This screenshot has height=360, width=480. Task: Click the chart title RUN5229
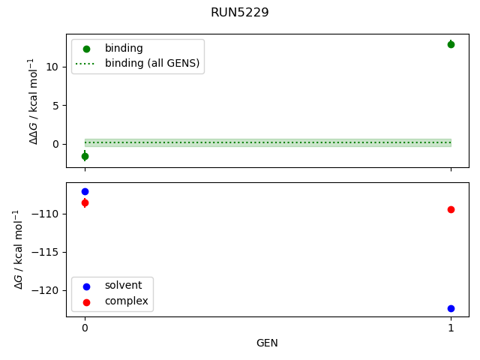pos(240,13)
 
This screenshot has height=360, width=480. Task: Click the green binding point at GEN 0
pos(85,156)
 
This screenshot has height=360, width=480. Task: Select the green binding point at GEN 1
pos(451,44)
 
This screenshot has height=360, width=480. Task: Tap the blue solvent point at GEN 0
pos(85,191)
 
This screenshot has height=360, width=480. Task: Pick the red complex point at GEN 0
pos(85,202)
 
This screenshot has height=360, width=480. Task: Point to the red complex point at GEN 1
pos(451,209)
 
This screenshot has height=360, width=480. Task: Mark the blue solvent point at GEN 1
pos(451,308)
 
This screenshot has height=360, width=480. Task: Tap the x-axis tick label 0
pos(85,328)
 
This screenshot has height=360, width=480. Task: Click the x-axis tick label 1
pos(451,328)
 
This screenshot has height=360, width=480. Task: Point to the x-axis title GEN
pos(268,343)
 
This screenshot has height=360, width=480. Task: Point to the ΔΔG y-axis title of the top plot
pos(33,100)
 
